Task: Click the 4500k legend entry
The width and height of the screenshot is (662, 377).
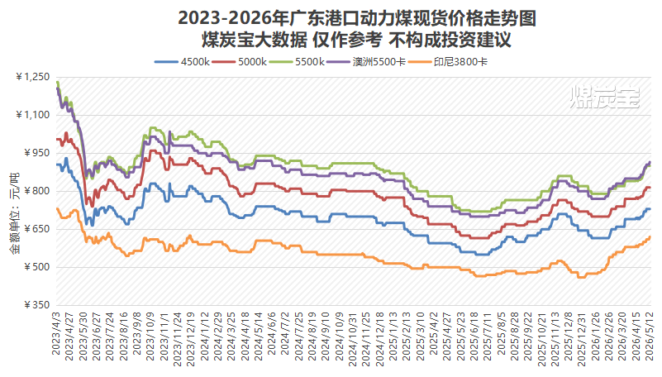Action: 183,62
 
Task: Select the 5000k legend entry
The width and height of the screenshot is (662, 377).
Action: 240,62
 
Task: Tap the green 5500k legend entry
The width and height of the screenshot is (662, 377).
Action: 297,62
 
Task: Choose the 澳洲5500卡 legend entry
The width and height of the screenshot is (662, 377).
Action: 365,62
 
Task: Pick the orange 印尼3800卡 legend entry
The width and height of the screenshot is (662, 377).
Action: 447,62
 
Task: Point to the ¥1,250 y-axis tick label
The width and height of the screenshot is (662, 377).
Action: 33,77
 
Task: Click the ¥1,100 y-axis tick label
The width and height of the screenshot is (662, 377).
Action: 33,115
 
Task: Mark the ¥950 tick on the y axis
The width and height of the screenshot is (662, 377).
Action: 37,153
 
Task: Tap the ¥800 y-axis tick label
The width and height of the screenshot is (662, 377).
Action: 37,191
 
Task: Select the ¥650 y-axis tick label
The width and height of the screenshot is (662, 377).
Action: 37,229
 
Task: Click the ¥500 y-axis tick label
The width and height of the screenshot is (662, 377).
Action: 37,267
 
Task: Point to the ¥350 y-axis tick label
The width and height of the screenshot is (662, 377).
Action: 37,305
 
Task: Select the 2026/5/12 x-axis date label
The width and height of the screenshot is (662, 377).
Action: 648,336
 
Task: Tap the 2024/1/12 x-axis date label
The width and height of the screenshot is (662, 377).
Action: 205,336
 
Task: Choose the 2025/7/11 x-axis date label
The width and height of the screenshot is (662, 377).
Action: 488,336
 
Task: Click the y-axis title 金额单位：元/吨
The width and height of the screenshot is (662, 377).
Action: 15,213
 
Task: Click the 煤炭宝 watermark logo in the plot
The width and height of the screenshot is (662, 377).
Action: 605,97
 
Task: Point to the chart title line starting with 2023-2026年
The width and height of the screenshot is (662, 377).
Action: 357,18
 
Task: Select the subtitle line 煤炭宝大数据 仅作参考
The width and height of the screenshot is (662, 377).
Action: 357,41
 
